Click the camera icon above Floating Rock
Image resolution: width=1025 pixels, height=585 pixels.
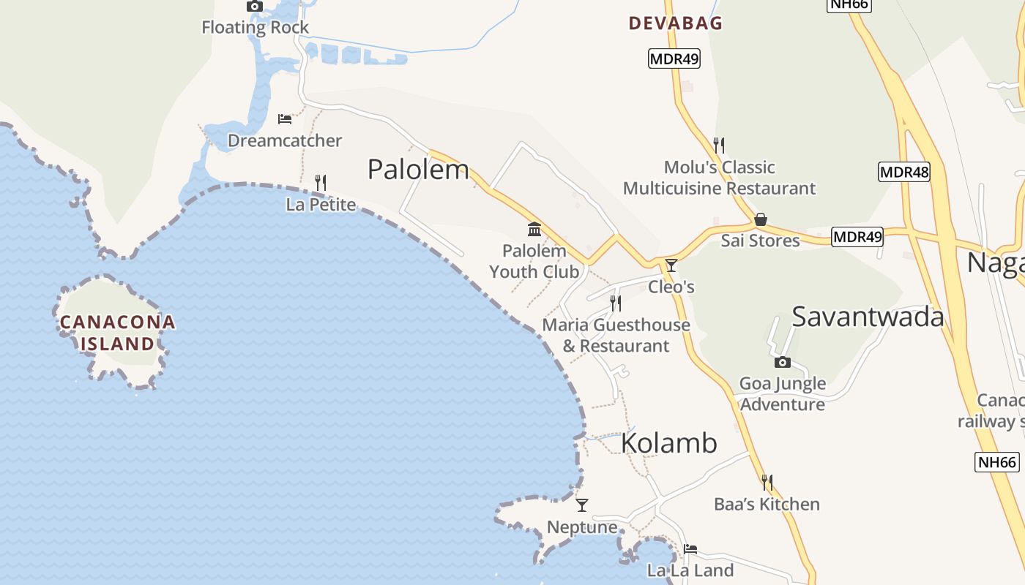tap(254, 7)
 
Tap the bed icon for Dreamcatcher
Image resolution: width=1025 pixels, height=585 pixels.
tap(285, 118)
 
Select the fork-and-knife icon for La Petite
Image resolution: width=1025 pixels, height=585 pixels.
tap(320, 182)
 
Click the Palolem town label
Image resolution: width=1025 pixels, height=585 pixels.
tap(418, 170)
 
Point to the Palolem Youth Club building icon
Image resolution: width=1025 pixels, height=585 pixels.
tap(534, 230)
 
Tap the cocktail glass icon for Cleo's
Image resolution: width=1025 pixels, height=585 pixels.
tap(671, 265)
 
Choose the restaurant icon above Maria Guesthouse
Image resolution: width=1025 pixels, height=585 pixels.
tap(616, 303)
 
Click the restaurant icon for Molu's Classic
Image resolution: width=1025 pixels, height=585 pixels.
tap(719, 145)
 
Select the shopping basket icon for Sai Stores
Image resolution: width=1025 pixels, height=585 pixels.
tap(761, 219)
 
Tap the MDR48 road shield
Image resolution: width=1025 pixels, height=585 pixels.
tap(903, 173)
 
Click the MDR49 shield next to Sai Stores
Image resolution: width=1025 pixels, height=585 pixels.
tap(857, 237)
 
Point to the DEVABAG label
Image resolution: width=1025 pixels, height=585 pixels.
tap(676, 23)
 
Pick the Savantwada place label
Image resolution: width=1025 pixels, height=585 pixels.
tap(868, 317)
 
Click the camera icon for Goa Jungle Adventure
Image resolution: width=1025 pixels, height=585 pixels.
tap(782, 362)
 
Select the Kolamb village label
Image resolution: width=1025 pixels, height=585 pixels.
tap(669, 444)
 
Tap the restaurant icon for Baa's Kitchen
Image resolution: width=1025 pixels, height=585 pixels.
tap(767, 482)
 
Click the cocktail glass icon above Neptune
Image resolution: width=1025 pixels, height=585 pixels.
tap(582, 505)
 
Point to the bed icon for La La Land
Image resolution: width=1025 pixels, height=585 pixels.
tap(690, 549)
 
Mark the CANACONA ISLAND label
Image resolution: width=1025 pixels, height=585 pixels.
tap(117, 333)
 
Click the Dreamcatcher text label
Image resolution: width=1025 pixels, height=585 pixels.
tap(285, 140)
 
